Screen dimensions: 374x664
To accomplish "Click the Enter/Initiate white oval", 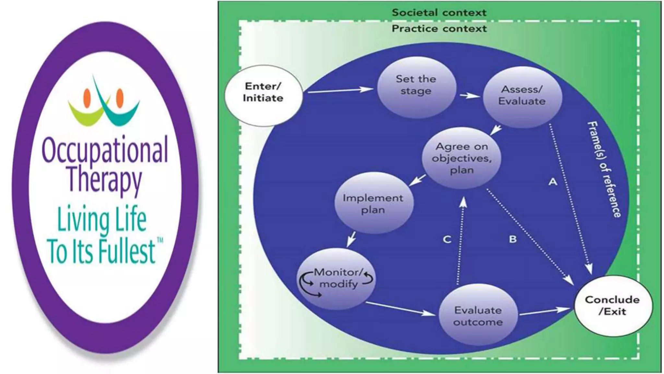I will [x=263, y=95].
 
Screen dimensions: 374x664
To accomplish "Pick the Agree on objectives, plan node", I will [x=462, y=158].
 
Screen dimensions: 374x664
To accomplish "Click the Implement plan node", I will [x=373, y=203].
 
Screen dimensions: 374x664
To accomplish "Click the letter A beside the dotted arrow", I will [x=553, y=181].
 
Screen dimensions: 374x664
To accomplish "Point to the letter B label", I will [x=513, y=239].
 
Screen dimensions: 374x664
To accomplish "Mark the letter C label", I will [x=447, y=240].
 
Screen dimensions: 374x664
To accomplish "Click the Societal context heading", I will [x=439, y=13].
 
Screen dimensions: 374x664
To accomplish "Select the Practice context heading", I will [x=439, y=29].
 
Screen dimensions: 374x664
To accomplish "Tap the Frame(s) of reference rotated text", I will [x=604, y=169].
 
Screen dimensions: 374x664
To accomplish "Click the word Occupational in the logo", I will [x=105, y=150].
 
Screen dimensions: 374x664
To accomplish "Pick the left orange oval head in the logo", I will [x=87, y=98].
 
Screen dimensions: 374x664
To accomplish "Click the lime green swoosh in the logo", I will [x=83, y=114].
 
